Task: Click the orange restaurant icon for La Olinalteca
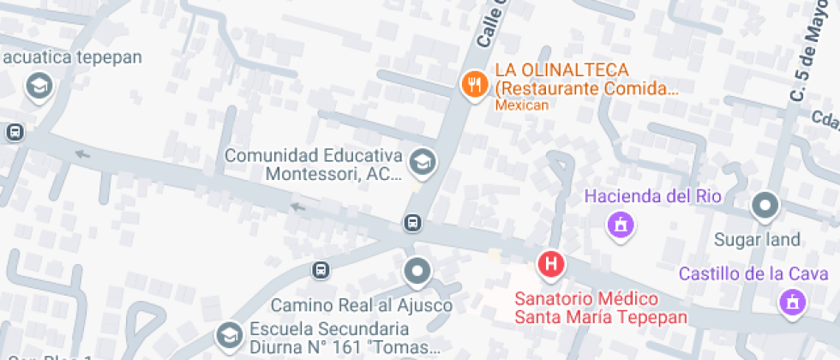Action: pyautogui.click(x=474, y=84)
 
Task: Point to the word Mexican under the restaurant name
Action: pyautogui.click(x=521, y=105)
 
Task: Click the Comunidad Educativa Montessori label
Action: pyautogui.click(x=313, y=165)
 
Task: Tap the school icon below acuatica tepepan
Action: pyautogui.click(x=38, y=85)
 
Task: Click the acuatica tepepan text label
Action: pyautogui.click(x=71, y=57)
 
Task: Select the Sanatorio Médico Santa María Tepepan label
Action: pyautogui.click(x=601, y=309)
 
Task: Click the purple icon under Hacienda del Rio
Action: pyautogui.click(x=620, y=225)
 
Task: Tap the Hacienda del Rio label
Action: pyautogui.click(x=653, y=196)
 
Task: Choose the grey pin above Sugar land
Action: pyautogui.click(x=764, y=206)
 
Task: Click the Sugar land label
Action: pyautogui.click(x=757, y=240)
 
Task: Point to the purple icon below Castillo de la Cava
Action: pyautogui.click(x=792, y=302)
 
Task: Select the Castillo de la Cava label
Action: pyautogui.click(x=753, y=274)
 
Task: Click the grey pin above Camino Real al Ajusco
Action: pyautogui.click(x=417, y=272)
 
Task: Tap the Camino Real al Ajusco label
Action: pyautogui.click(x=362, y=305)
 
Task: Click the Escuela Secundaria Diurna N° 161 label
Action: pyautogui.click(x=344, y=339)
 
